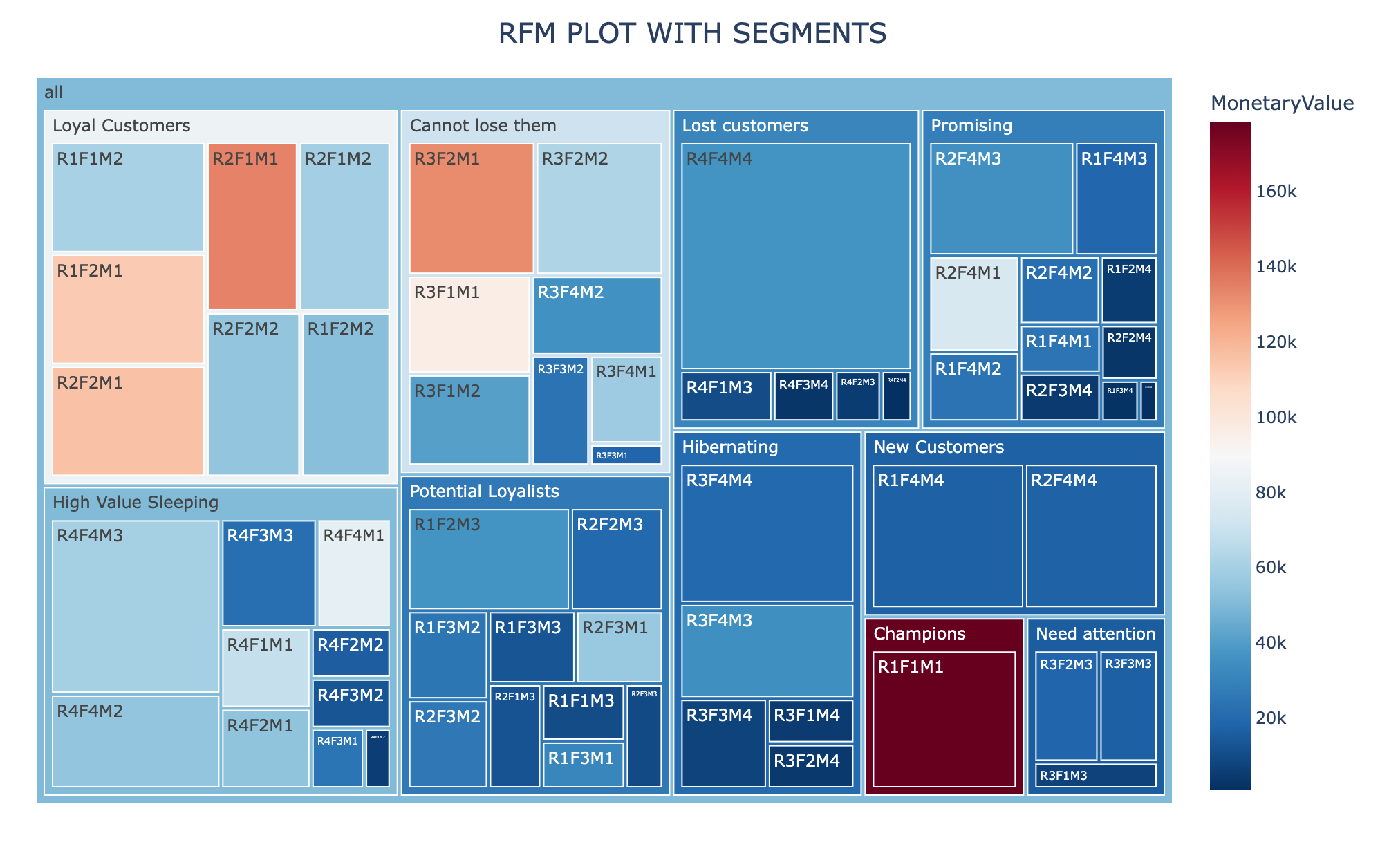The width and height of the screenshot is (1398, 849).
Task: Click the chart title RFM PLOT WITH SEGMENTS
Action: point(692,33)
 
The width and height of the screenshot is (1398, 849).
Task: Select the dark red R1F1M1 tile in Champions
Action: point(944,719)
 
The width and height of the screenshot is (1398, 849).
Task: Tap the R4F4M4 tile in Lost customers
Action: point(795,256)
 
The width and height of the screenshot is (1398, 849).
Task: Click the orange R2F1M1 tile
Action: point(252,226)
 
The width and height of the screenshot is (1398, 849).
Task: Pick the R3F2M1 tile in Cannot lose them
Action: point(471,208)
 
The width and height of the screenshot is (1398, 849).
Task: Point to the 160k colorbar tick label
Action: point(1276,192)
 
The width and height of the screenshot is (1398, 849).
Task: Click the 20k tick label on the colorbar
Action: point(1271,718)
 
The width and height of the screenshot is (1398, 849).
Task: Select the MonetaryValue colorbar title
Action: point(1282,104)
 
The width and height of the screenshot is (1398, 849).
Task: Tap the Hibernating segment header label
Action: point(730,447)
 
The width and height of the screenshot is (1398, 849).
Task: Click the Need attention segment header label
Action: point(1095,634)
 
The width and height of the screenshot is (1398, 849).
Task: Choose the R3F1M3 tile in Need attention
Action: point(1095,776)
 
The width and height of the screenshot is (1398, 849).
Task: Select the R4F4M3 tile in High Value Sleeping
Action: point(136,606)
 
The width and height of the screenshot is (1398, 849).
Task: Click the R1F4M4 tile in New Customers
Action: point(947,536)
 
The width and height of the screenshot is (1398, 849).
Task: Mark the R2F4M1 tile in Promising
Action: point(973,304)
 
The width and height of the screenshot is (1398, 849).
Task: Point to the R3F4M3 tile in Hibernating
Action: point(767,651)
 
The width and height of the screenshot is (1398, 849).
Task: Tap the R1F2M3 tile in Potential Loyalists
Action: point(489,559)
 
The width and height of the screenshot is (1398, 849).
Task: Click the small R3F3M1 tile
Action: point(626,455)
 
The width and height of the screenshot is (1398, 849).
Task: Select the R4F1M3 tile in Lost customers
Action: point(726,396)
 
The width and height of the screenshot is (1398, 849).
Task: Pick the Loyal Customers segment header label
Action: point(122,126)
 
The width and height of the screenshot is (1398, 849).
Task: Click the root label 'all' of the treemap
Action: point(54,93)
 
